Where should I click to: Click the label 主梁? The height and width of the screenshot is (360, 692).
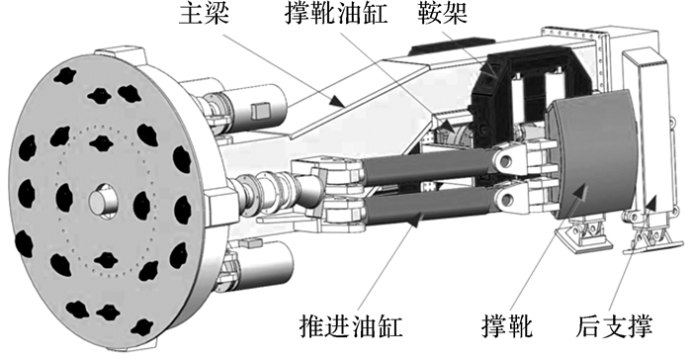click(204, 14)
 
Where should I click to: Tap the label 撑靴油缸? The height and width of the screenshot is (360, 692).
click(336, 14)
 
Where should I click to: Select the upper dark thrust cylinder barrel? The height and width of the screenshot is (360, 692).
click(427, 167)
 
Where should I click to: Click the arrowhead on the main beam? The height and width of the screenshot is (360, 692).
click(337, 101)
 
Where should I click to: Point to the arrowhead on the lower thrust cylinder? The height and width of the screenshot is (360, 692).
click(416, 219)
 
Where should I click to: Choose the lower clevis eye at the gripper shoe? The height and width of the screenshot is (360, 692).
click(506, 199)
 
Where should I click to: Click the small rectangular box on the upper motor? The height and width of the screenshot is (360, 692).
click(260, 111)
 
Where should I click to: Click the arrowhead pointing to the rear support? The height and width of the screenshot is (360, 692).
click(650, 203)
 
